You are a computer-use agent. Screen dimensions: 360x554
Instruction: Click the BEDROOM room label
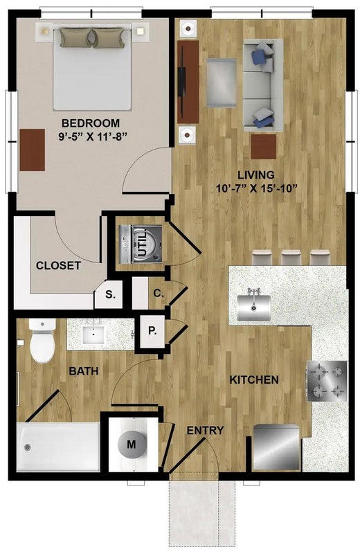point(91,123)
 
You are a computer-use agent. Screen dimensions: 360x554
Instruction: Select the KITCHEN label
point(254,379)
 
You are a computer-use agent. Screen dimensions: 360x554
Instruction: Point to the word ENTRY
point(205,430)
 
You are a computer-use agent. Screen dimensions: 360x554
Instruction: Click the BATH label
point(83,371)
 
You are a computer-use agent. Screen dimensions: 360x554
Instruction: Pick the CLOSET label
point(58,266)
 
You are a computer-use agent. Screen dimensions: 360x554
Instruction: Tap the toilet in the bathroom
point(42,341)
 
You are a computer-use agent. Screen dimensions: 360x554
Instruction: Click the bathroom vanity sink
point(93,334)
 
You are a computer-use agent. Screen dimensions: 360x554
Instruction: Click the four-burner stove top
point(327,381)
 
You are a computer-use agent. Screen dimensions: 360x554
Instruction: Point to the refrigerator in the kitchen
point(276,447)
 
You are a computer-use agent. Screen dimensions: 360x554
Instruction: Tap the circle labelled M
point(131,444)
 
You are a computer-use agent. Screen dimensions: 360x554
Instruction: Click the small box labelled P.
point(152,331)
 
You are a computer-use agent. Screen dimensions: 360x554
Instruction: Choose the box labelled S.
point(110,295)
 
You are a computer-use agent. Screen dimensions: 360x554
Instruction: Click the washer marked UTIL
point(141,244)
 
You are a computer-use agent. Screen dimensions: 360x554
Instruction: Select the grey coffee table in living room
point(221,82)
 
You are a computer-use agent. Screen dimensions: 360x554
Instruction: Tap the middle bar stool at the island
point(291,258)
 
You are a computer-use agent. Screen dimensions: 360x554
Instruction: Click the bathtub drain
point(28,447)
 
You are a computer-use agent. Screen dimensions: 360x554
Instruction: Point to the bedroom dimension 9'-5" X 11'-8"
point(93,136)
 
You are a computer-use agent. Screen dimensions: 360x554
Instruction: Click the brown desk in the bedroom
point(32,150)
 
